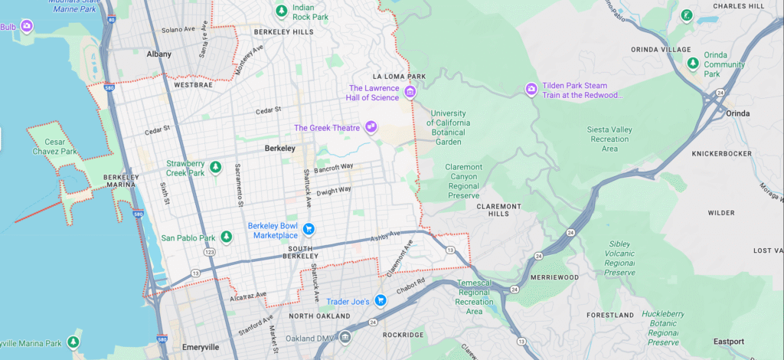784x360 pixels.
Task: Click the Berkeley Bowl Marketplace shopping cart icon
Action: click(309, 229)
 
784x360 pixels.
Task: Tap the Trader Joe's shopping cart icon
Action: click(380, 301)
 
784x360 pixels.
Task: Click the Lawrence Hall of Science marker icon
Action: click(410, 93)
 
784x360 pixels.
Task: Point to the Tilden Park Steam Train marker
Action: click(531, 90)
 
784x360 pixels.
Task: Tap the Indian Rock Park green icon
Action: click(282, 11)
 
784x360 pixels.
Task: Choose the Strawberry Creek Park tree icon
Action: click(216, 167)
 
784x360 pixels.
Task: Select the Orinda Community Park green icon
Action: click(693, 64)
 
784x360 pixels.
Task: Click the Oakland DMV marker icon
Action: click(345, 336)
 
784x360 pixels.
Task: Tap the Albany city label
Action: click(158, 54)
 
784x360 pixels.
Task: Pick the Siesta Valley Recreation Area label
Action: click(609, 139)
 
